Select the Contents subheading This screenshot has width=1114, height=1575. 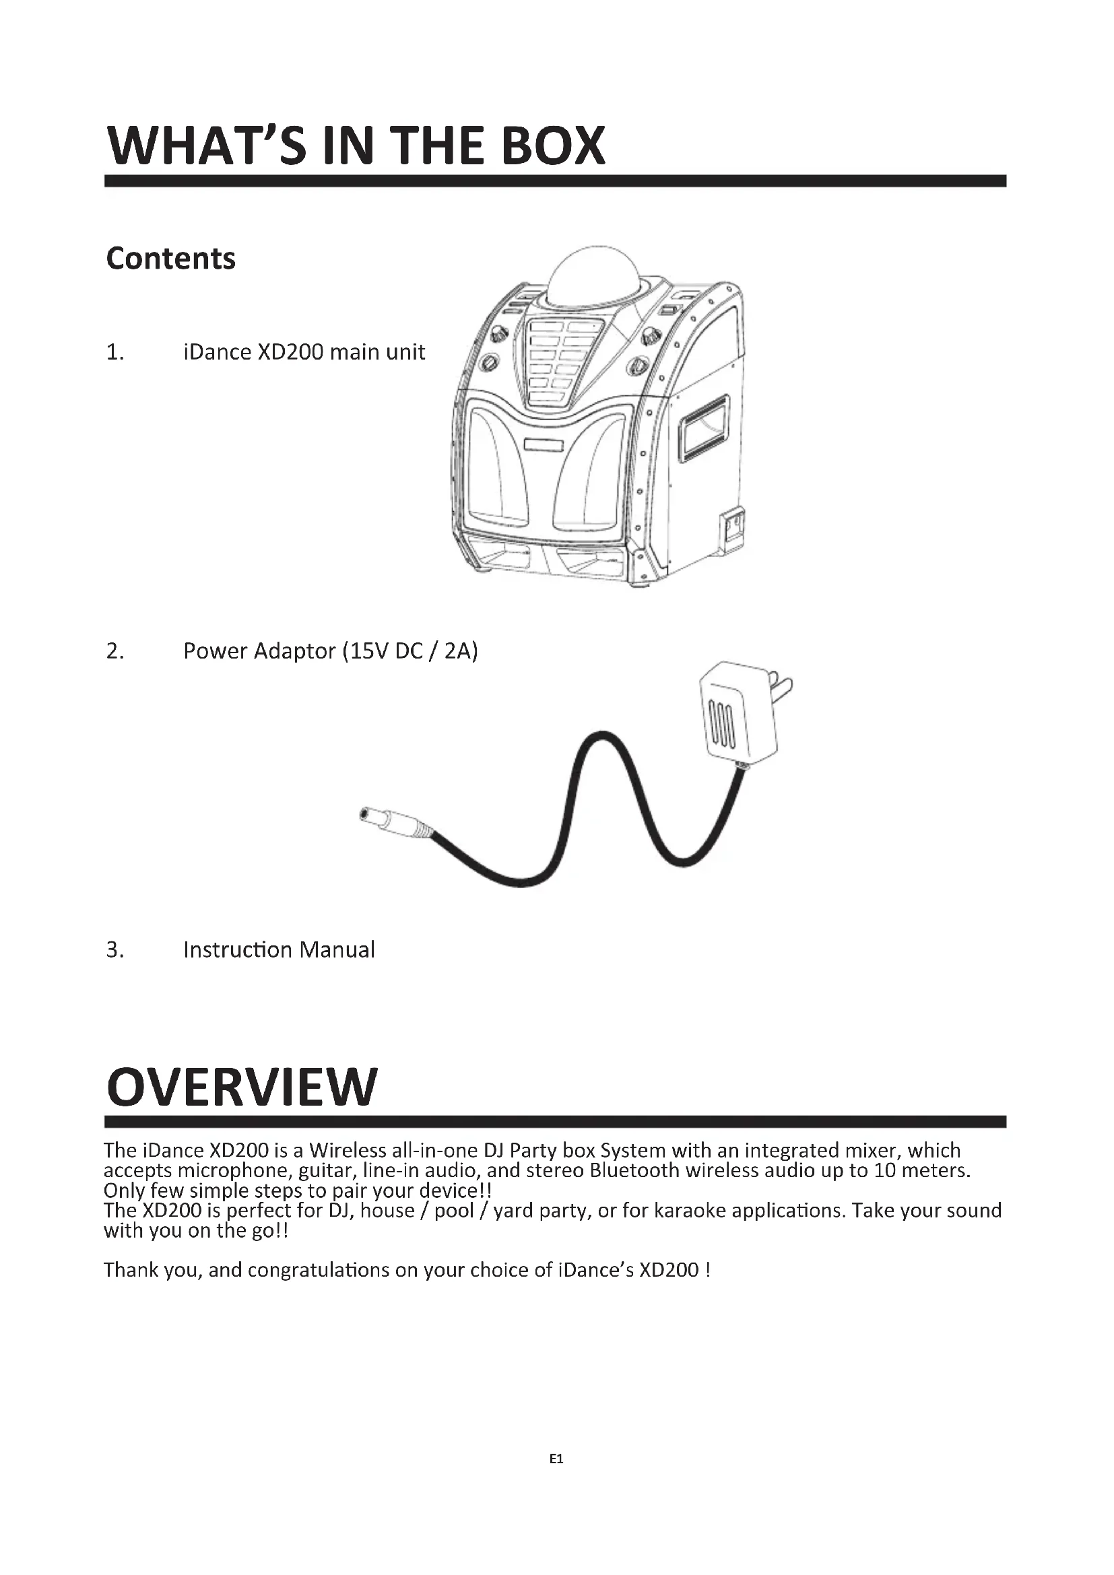pos(171,259)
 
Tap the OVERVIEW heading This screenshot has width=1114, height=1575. pos(242,1087)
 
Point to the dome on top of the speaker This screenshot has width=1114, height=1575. pos(594,276)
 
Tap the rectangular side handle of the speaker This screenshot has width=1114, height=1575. pos(703,428)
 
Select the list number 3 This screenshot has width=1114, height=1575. pos(115,950)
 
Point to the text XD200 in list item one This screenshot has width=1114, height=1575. pos(290,352)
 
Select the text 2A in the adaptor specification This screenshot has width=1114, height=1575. pos(457,650)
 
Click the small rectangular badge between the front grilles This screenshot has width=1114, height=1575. pos(544,446)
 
